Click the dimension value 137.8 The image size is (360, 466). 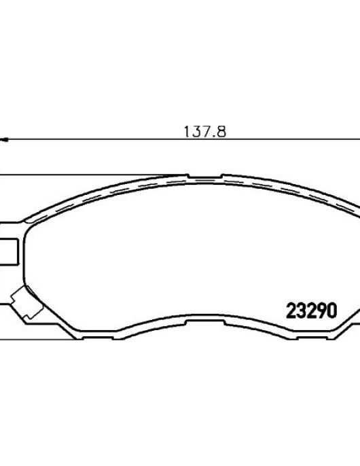(x=205, y=131)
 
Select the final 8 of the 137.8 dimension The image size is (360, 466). (x=221, y=131)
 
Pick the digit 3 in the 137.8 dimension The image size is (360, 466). (x=196, y=131)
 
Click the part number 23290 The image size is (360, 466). (x=312, y=310)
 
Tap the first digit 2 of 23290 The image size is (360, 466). (x=291, y=310)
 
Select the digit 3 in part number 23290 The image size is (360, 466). (x=301, y=310)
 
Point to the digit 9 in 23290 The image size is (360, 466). (x=322, y=310)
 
